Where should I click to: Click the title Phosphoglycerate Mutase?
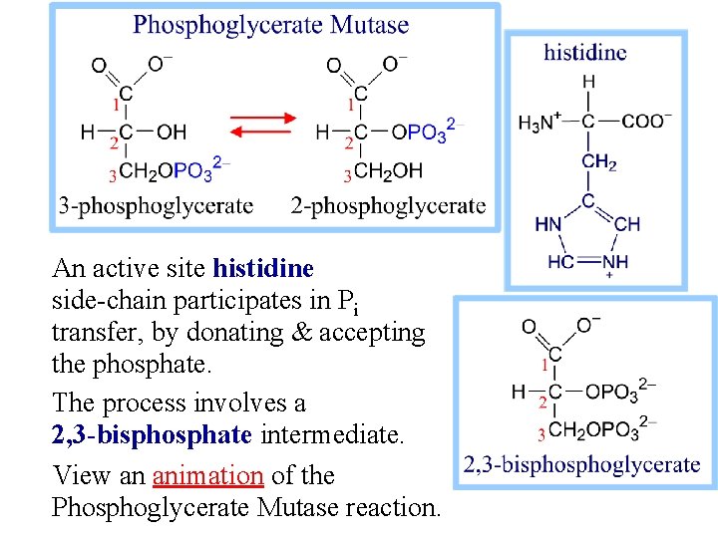pyautogui.click(x=271, y=25)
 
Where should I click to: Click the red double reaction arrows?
pyautogui.click(x=262, y=131)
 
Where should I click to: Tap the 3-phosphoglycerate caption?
pyautogui.click(x=157, y=206)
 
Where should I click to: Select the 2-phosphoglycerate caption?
pyautogui.click(x=389, y=206)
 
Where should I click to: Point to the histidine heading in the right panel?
pyautogui.click(x=585, y=52)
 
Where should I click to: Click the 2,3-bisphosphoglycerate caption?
pyautogui.click(x=582, y=464)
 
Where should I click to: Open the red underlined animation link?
pyautogui.click(x=207, y=475)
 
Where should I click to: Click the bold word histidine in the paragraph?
pyautogui.click(x=263, y=268)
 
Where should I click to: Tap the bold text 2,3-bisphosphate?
pyautogui.click(x=153, y=434)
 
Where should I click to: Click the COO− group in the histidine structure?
pyautogui.click(x=647, y=122)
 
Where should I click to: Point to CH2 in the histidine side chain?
pyautogui.click(x=599, y=162)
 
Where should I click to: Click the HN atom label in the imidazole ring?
pyautogui.click(x=548, y=224)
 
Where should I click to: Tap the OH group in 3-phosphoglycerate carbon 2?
pyautogui.click(x=172, y=132)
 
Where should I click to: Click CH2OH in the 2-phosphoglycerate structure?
pyautogui.click(x=389, y=171)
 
